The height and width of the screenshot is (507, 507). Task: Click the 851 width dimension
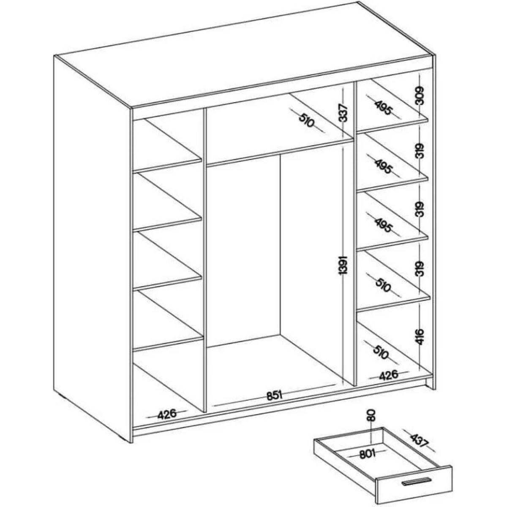coord(274,396)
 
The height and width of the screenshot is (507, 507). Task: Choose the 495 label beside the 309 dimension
coord(384,109)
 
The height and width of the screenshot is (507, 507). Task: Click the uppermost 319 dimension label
coord(419,151)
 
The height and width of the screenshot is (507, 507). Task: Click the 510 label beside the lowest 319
coord(382,286)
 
